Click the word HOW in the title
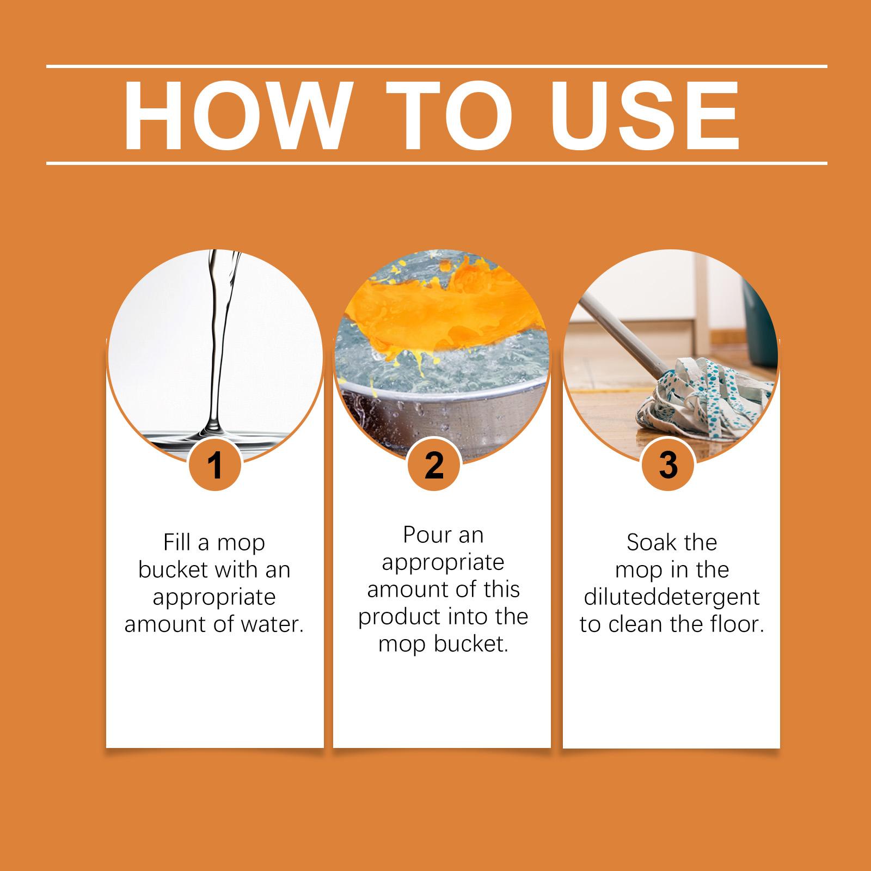click(x=235, y=116)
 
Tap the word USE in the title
click(x=627, y=116)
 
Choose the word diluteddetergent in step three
click(x=672, y=597)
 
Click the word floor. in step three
click(x=738, y=624)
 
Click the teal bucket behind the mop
click(x=759, y=327)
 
